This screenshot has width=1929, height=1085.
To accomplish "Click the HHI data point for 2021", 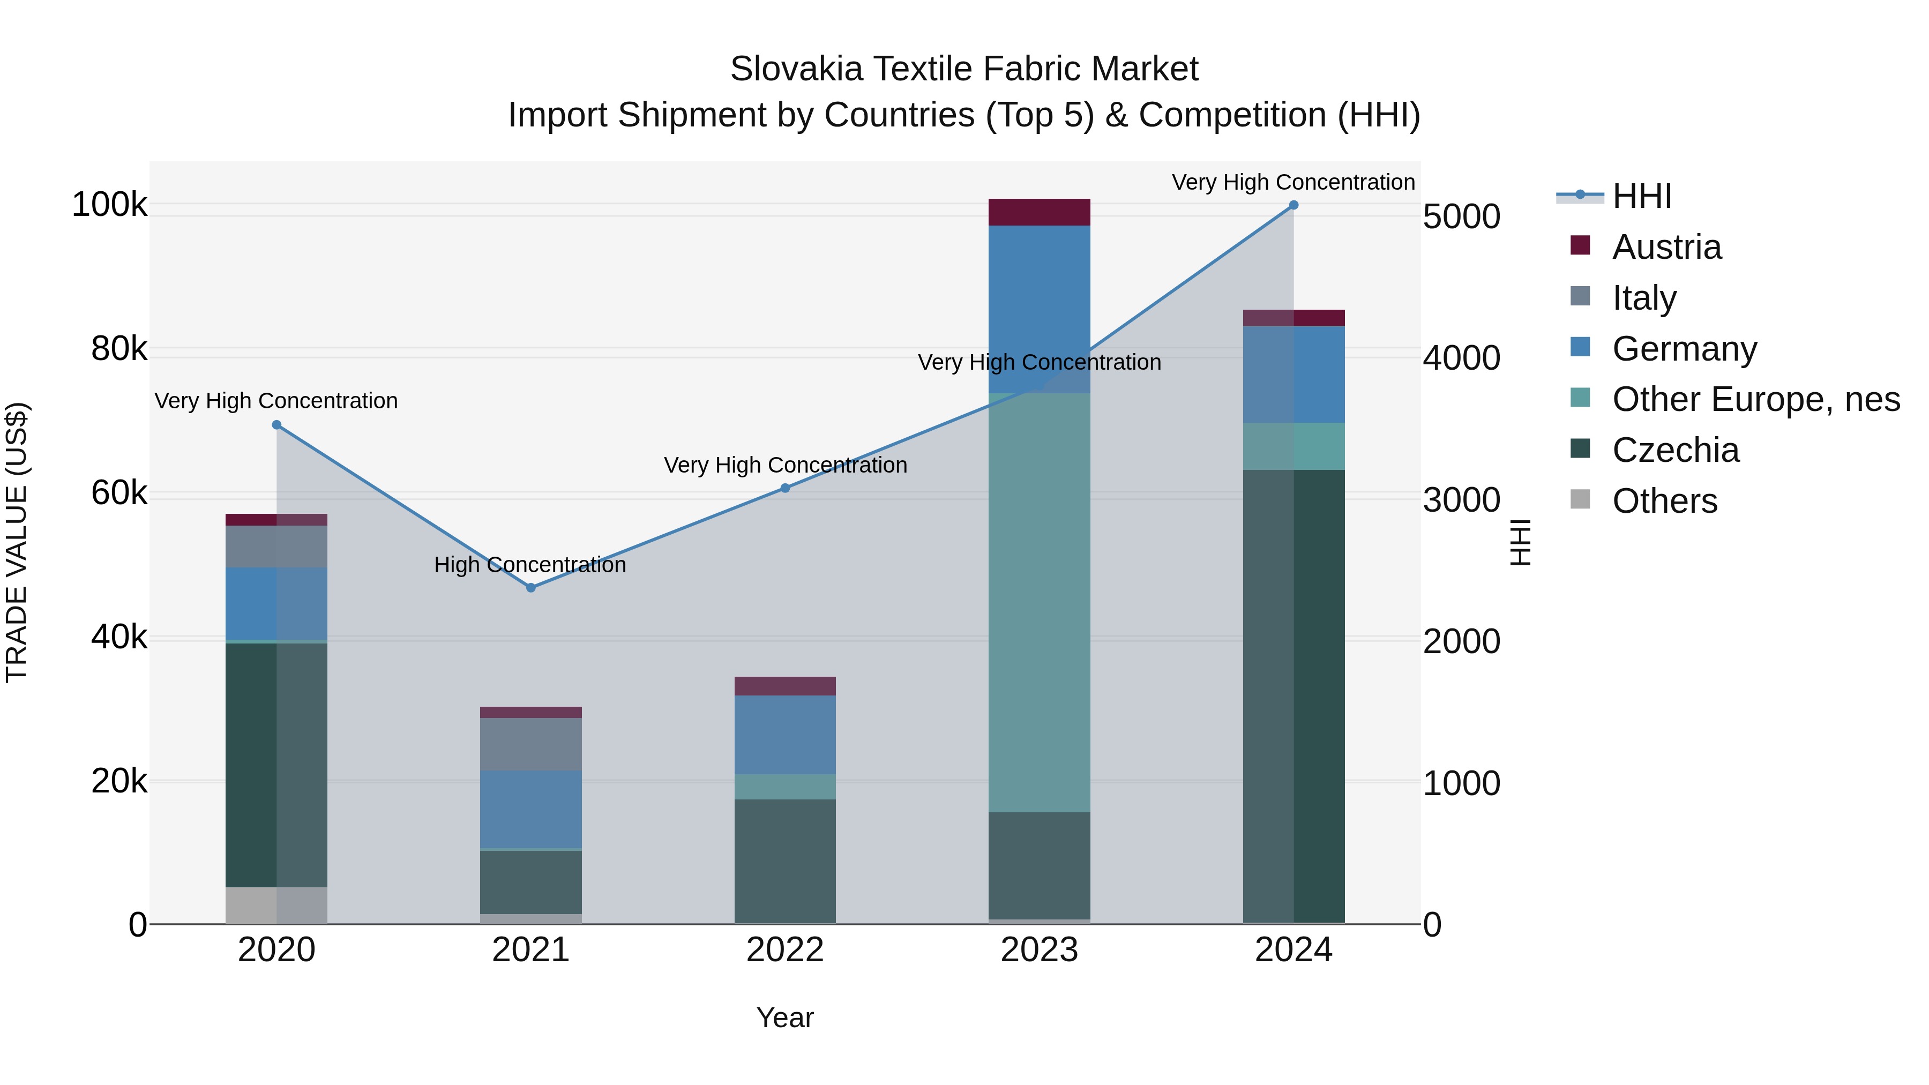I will (x=531, y=588).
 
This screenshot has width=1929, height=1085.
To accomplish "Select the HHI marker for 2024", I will (x=1294, y=205).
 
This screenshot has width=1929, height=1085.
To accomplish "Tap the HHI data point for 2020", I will (x=276, y=424).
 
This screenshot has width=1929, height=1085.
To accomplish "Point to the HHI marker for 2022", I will (x=785, y=488).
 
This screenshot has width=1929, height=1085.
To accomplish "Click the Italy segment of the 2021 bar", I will (x=531, y=744).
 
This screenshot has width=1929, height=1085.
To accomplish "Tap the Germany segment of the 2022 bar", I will (x=785, y=734).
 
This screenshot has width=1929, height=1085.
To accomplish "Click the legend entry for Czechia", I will (x=1675, y=450).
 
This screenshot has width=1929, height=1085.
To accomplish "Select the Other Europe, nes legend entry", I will (x=1755, y=399).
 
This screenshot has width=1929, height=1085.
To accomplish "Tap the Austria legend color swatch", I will (x=1580, y=245).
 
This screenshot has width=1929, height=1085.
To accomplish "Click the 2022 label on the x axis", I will (x=785, y=950).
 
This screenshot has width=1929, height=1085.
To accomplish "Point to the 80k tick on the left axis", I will (x=119, y=349).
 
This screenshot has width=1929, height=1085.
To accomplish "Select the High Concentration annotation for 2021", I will (x=530, y=565).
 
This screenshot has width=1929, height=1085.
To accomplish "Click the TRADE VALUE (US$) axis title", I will (x=17, y=542).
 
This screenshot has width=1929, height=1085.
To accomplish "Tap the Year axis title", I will (x=785, y=1017).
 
